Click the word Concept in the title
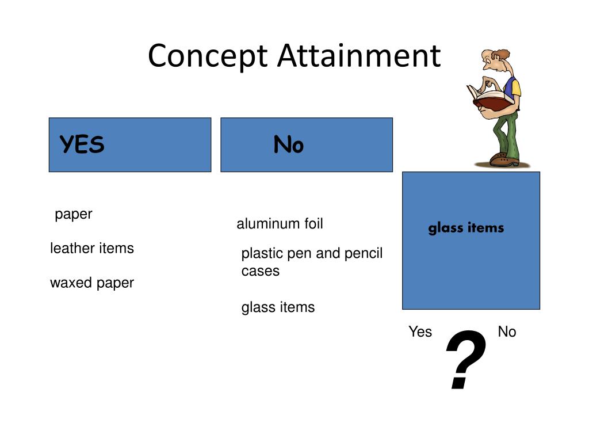pos(208,56)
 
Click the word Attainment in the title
pos(358,56)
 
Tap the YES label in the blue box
pos(82,145)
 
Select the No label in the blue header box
pos(288,145)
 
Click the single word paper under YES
pos(74,215)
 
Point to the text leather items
pos(92,248)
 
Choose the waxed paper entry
pos(92,283)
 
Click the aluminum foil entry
pos(280,224)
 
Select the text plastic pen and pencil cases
pos(311,262)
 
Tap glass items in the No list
pos(278,307)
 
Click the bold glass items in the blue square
pos(466,228)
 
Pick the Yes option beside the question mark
pos(420,331)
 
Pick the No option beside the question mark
pos(507,331)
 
